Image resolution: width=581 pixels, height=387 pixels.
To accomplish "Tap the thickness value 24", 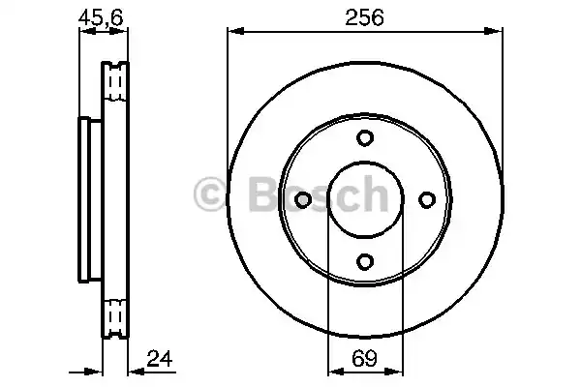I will (x=161, y=360).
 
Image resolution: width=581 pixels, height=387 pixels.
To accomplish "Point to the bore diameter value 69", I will (x=364, y=360).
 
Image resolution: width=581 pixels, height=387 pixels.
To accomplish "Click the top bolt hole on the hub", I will (x=364, y=137).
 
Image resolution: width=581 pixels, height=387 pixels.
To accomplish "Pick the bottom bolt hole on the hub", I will (x=364, y=260).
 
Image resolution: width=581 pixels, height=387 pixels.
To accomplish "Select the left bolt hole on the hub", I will (x=302, y=199).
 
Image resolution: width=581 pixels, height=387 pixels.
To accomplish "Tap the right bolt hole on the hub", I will (x=426, y=199).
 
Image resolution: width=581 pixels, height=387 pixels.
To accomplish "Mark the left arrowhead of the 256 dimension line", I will (x=232, y=34).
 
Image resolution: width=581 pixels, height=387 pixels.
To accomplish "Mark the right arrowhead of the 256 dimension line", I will (x=498, y=34).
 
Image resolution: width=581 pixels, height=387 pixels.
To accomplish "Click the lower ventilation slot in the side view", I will (x=116, y=315).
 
